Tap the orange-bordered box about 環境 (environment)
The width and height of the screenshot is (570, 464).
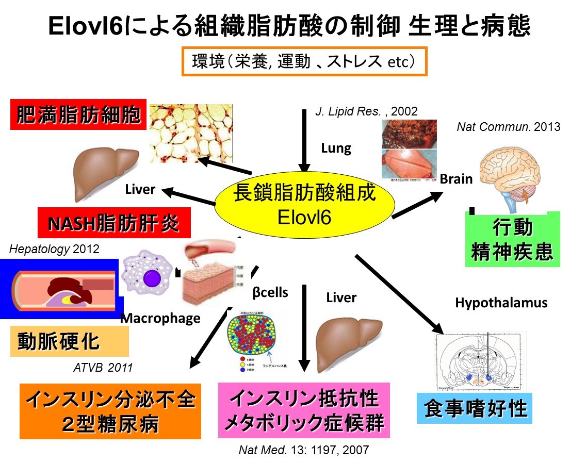pyautogui.click(x=304, y=62)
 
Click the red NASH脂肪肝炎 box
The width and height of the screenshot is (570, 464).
pyautogui.click(x=115, y=223)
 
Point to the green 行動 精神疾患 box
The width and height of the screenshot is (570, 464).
pyautogui.click(x=512, y=239)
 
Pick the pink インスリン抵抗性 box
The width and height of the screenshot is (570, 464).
pyautogui.click(x=304, y=410)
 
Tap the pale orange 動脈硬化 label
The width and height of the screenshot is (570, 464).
pyautogui.click(x=69, y=341)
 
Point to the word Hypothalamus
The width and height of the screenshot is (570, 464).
pyautogui.click(x=501, y=303)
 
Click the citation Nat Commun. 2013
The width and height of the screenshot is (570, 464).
pyautogui.click(x=508, y=127)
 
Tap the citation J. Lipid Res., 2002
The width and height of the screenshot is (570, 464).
pyautogui.click(x=366, y=111)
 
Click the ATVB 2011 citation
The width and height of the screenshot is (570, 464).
pyautogui.click(x=103, y=368)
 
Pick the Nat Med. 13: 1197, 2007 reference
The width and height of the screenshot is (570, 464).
pyautogui.click(x=304, y=450)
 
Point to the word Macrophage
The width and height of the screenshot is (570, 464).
pyautogui.click(x=160, y=318)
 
